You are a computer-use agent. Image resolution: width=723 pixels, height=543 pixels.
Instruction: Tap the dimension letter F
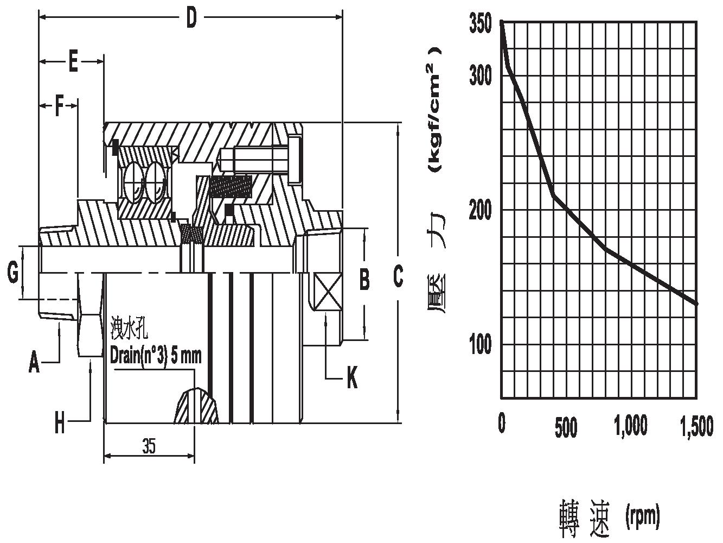59,105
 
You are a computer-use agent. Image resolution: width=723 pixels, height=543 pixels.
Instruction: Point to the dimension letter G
12,272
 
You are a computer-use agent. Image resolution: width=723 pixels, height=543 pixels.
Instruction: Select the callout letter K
352,377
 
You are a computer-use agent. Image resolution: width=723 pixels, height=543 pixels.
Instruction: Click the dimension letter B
364,280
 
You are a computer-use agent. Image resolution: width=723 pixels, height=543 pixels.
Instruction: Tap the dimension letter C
398,276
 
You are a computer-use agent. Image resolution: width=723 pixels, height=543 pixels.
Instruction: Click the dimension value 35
149,446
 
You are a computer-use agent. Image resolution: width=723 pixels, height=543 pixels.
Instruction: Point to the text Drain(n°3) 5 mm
156,356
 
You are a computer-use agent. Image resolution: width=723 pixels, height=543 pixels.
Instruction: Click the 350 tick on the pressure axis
480,23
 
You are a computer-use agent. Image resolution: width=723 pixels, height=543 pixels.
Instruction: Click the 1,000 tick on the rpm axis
631,426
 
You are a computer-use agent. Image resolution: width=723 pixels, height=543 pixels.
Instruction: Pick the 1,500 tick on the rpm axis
696,426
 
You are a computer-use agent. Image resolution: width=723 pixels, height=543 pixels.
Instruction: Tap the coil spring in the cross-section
231,187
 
